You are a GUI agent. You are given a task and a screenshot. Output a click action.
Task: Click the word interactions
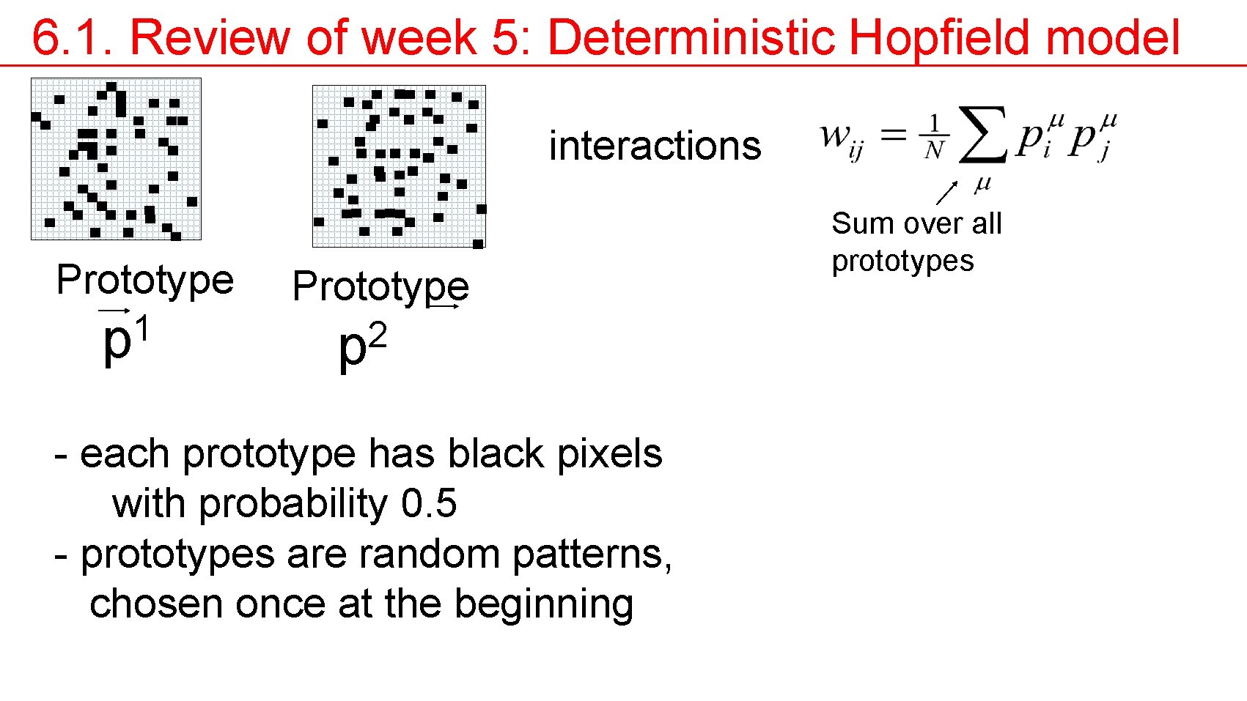tap(655, 146)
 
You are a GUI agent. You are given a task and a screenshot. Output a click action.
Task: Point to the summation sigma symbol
tap(982, 135)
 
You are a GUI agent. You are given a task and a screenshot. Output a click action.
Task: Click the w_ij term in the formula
tap(841, 138)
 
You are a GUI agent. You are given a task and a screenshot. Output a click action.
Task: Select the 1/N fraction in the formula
tap(934, 137)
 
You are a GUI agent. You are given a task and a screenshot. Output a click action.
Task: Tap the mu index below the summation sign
tap(982, 185)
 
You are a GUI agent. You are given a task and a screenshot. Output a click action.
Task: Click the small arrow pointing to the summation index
tap(947, 193)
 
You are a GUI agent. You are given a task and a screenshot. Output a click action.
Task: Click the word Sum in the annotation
tap(857, 223)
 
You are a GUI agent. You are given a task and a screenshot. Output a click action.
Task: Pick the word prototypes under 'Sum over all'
tap(902, 262)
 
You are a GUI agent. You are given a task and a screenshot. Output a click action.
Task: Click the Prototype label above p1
tap(145, 280)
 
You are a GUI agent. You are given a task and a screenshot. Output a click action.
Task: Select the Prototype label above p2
tap(380, 286)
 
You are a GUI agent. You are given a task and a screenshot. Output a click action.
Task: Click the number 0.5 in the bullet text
tap(429, 504)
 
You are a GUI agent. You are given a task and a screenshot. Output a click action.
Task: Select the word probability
tap(293, 504)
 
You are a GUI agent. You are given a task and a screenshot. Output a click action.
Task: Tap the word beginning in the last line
tap(543, 604)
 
